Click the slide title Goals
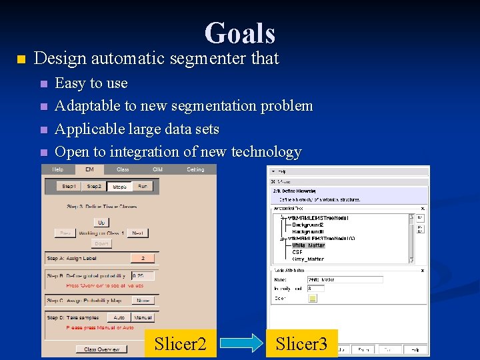click(x=240, y=33)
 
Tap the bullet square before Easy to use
click(x=44, y=84)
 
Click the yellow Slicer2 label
click(x=181, y=343)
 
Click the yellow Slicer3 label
click(x=301, y=343)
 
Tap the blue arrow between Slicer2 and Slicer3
click(x=241, y=344)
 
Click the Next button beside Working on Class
click(x=138, y=233)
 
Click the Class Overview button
click(x=101, y=349)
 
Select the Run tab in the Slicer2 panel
click(x=143, y=187)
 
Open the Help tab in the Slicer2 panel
click(x=57, y=170)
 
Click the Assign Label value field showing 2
click(x=143, y=258)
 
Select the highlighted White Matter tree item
click(x=308, y=245)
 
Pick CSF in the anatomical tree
click(x=297, y=252)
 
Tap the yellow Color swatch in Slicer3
click(x=312, y=298)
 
